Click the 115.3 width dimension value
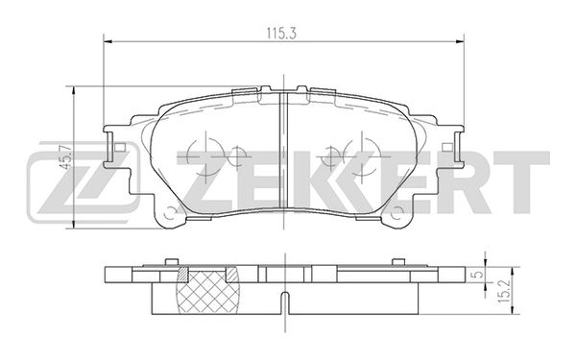click(281, 34)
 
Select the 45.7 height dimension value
click(66, 156)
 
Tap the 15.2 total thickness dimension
click(504, 291)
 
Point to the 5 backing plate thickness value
click(476, 275)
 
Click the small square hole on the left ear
click(120, 148)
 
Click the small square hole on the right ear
click(447, 148)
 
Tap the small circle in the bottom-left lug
click(170, 213)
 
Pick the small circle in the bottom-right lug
click(397, 213)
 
